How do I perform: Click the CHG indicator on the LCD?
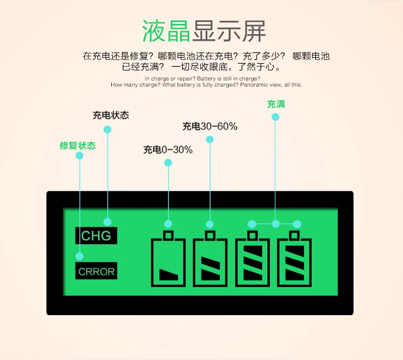[x=96, y=236]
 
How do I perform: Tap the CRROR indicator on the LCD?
[x=96, y=271]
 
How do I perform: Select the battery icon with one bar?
[x=169, y=261]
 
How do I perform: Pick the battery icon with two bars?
[x=210, y=261]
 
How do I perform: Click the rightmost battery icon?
[x=294, y=261]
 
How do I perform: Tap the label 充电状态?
[x=111, y=115]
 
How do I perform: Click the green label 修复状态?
[x=78, y=145]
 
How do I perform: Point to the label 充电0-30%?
[x=168, y=149]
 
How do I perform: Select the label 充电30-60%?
[x=210, y=126]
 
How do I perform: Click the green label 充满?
[x=276, y=104]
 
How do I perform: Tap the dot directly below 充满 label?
[x=275, y=117]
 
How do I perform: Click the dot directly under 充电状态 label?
[x=107, y=130]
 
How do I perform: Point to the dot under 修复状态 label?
[x=80, y=157]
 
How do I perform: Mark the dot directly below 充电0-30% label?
[x=168, y=163]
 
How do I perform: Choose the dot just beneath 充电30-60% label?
[x=210, y=139]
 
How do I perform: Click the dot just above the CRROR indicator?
[x=80, y=256]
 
